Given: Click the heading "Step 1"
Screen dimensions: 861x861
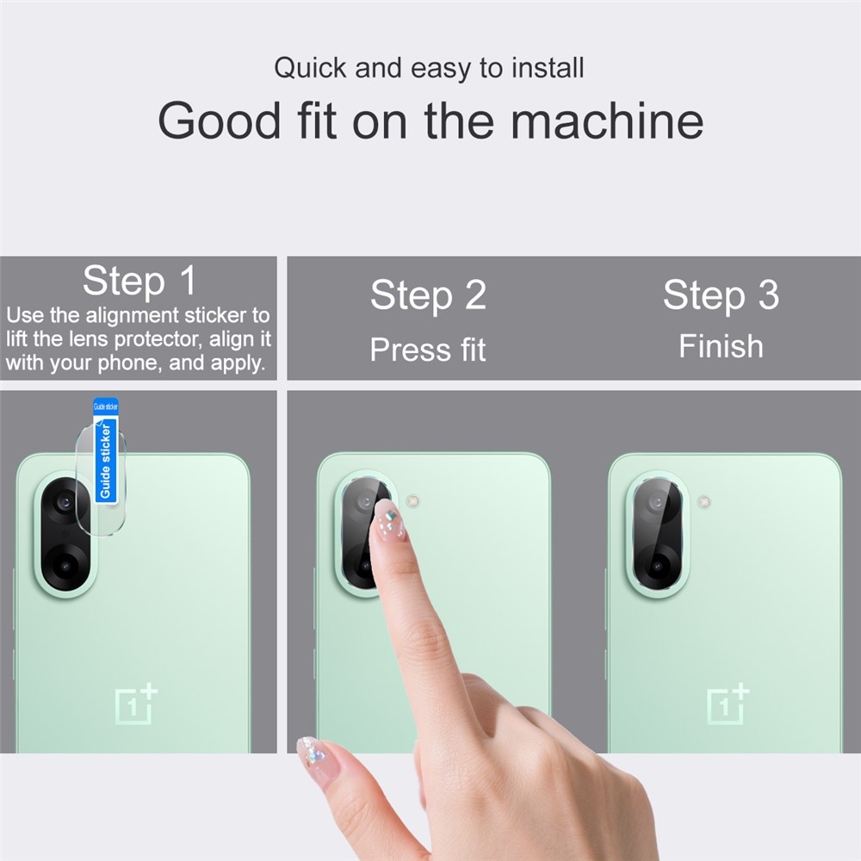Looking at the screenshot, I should click(x=139, y=281).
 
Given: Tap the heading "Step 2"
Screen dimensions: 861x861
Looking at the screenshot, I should click(x=428, y=295).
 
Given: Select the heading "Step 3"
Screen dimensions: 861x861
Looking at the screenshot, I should click(x=721, y=295).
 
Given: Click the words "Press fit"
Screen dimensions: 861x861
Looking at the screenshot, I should click(x=428, y=350).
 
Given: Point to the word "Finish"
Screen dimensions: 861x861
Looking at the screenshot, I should click(x=721, y=346).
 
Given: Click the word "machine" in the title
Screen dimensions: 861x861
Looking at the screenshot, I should click(x=607, y=121).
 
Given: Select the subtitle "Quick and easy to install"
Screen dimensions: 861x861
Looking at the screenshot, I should click(x=429, y=68).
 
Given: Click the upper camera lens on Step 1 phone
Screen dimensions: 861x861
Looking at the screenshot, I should click(x=64, y=502).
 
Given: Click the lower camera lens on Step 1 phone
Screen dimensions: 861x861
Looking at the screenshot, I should click(x=65, y=566).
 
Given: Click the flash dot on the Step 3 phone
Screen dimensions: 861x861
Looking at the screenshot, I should click(x=704, y=499).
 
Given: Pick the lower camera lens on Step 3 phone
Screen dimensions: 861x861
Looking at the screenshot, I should click(x=657, y=567).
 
